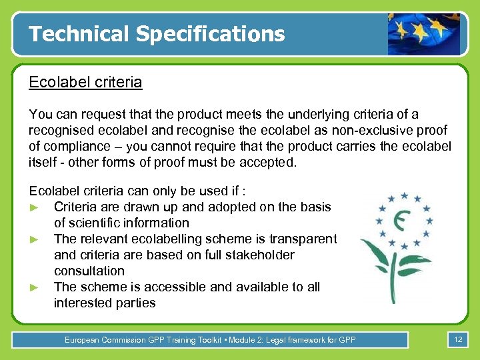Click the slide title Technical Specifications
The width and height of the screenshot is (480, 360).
click(x=157, y=33)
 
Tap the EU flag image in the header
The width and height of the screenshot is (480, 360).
click(x=423, y=33)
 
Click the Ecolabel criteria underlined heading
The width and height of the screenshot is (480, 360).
click(x=85, y=83)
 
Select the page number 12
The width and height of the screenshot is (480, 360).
click(x=458, y=340)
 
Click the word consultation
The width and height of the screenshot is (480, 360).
click(x=89, y=271)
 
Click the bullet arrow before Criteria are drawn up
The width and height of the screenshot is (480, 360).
click(x=34, y=207)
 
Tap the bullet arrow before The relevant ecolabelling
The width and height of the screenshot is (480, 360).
click(x=34, y=239)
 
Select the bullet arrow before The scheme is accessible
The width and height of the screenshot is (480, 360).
click(x=34, y=287)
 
